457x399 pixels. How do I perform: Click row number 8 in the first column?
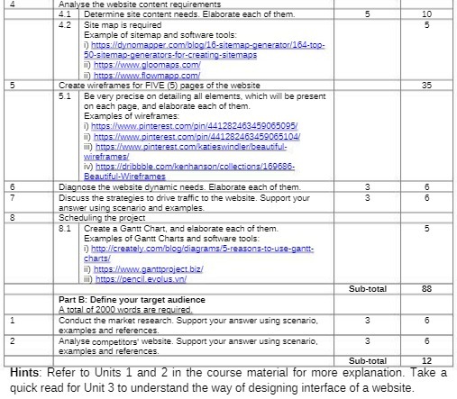[x=13, y=216]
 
